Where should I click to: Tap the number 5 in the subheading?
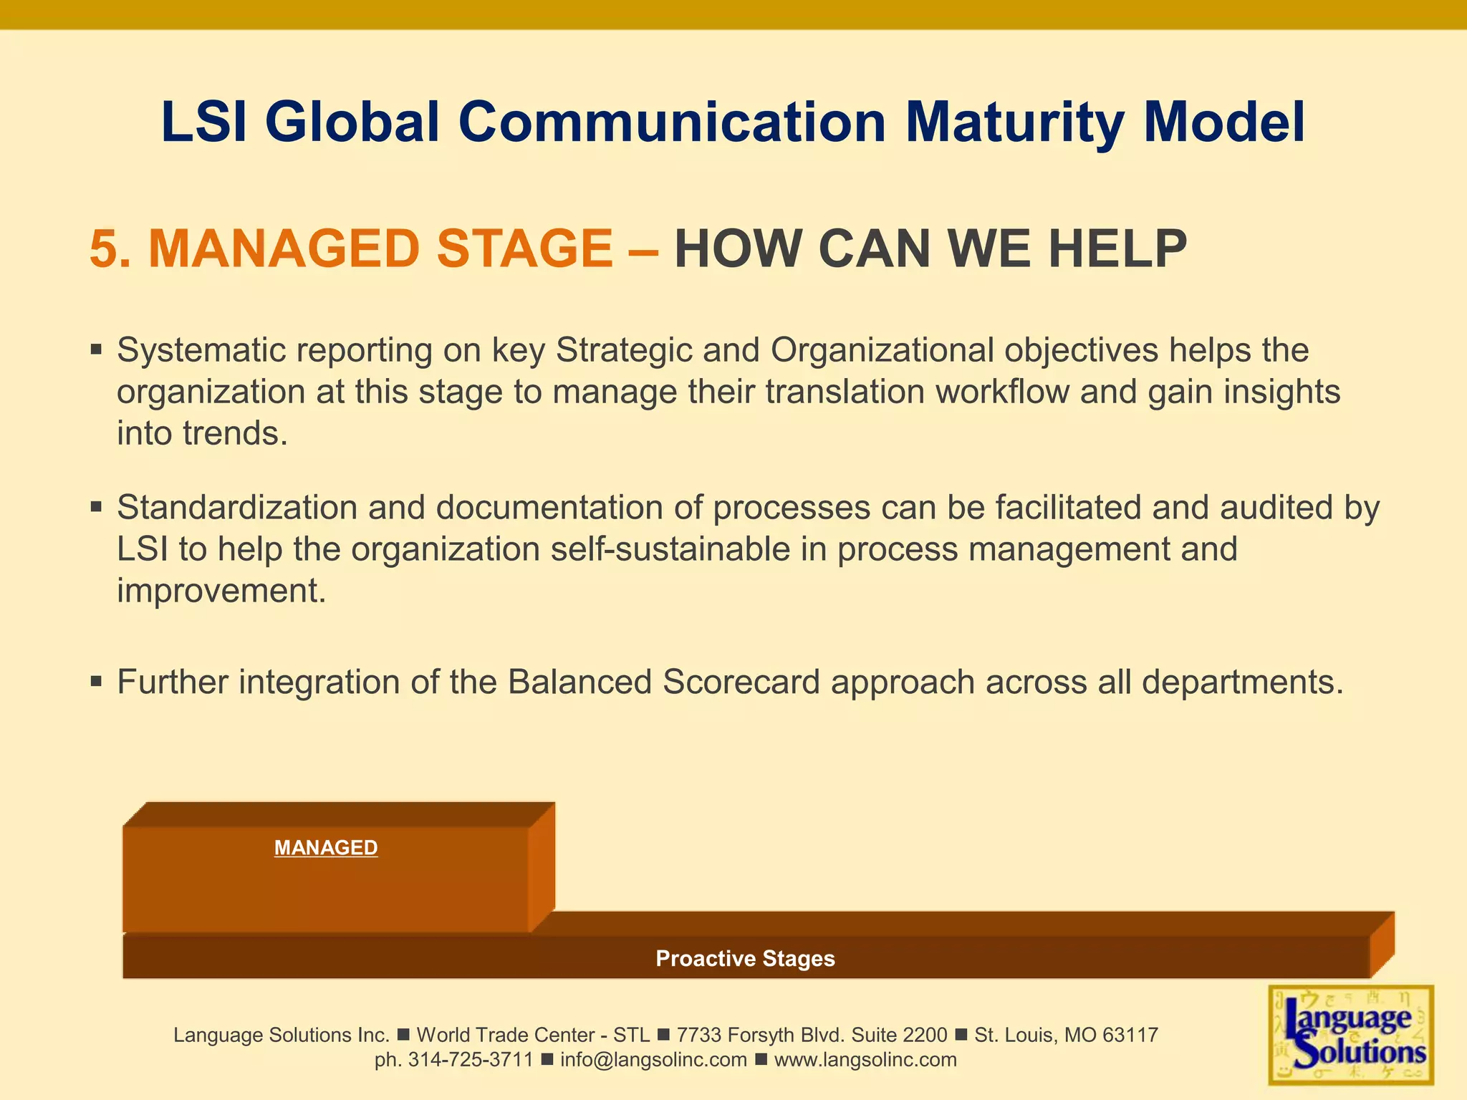104,249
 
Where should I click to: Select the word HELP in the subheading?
1117,249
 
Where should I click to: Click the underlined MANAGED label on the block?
326,848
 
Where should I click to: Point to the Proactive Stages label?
745,958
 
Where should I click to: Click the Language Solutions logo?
1351,1035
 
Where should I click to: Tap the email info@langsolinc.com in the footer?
653,1060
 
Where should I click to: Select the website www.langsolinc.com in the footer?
865,1060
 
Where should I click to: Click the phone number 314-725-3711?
471,1060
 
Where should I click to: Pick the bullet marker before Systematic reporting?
97,351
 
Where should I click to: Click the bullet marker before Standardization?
97,508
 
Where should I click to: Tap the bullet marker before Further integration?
97,682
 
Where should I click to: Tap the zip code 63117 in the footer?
1130,1035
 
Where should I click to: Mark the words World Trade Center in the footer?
505,1035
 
